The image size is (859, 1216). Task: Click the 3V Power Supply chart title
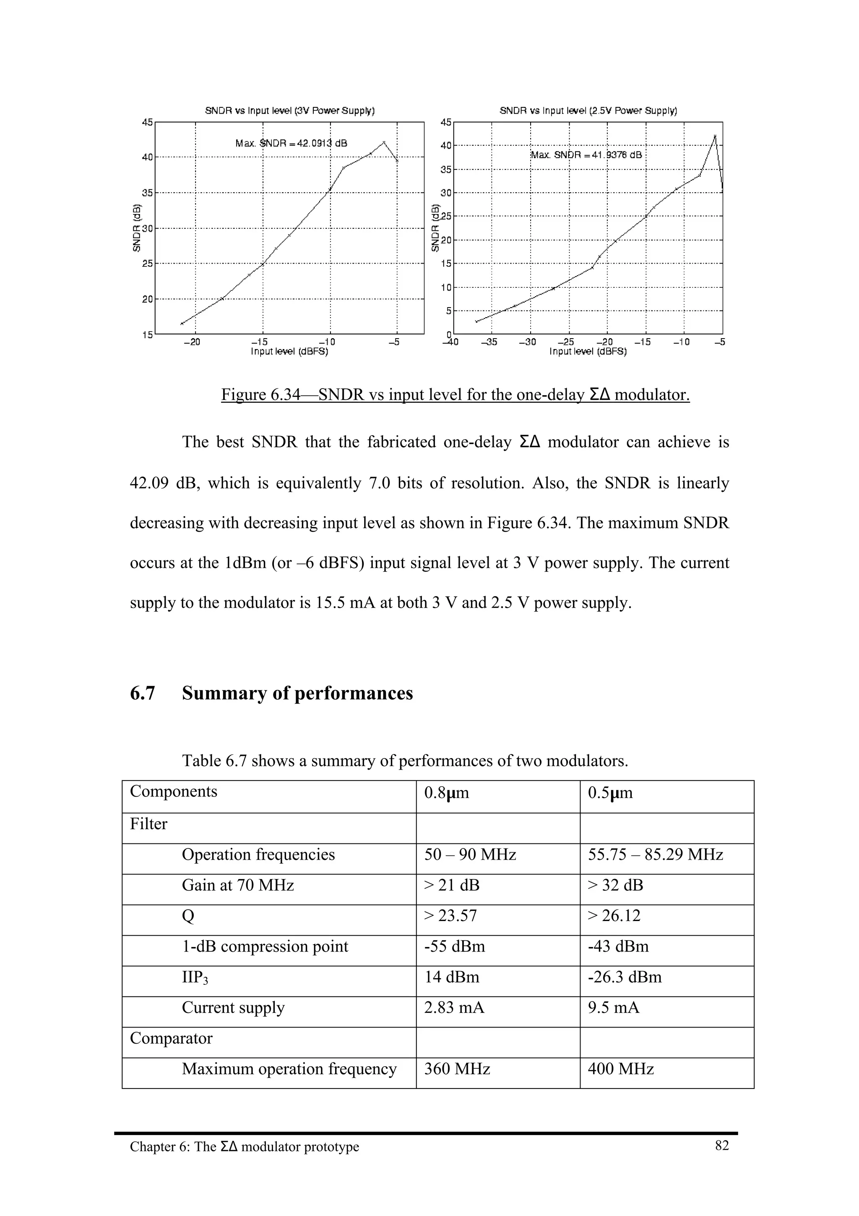tap(289, 111)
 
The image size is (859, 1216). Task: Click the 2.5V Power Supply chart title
tap(588, 111)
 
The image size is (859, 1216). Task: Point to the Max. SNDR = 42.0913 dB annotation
tap(291, 144)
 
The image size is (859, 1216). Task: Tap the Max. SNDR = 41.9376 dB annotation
tap(586, 155)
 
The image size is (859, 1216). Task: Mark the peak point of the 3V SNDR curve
tap(384, 142)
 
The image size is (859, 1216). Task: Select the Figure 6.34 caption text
tap(455, 394)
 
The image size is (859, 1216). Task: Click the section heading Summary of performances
tap(297, 693)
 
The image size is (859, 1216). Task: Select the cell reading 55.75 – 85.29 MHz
tap(655, 854)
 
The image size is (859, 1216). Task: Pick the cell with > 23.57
tap(450, 916)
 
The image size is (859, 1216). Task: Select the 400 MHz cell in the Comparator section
tap(620, 1069)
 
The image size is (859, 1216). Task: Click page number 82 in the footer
tap(721, 1146)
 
